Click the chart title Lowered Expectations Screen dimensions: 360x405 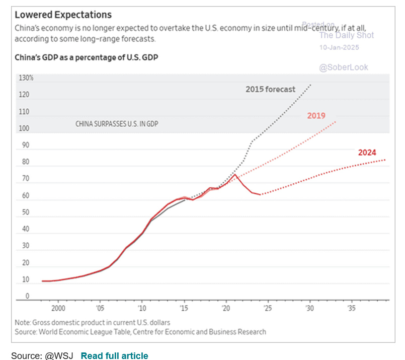(x=63, y=15)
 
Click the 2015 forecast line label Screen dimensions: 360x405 (x=270, y=90)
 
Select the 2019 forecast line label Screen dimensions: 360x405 (x=316, y=116)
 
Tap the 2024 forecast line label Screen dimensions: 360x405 (x=367, y=153)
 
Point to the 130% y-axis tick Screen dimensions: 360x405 (x=26, y=79)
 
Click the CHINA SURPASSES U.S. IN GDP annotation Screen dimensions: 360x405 (x=116, y=123)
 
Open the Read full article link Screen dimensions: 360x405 (x=114, y=356)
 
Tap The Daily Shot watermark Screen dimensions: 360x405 (x=347, y=35)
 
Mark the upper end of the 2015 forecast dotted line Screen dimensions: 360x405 (x=310, y=85)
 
